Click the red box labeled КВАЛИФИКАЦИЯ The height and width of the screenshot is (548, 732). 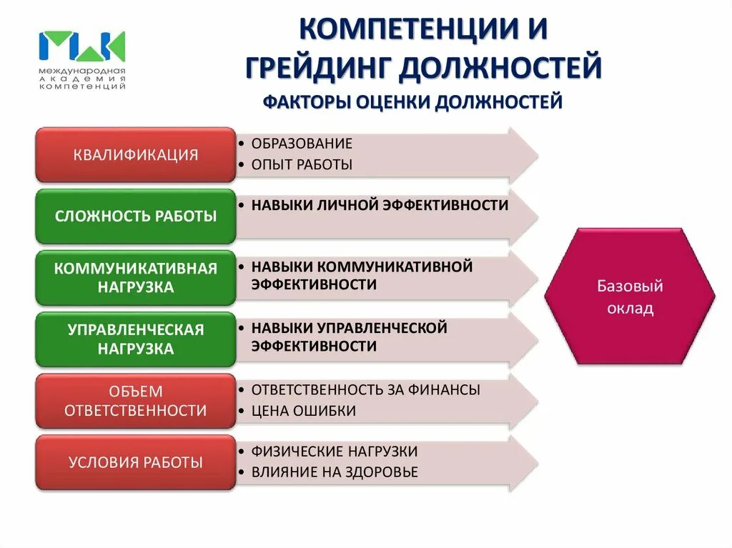135,154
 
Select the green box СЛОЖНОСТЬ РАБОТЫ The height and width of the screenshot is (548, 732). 135,216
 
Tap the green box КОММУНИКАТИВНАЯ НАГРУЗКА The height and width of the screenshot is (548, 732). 135,278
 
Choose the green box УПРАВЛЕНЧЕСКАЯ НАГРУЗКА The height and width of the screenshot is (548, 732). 135,339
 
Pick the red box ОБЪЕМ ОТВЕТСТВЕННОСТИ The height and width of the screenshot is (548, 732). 135,401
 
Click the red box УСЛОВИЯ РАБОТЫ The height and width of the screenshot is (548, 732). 135,462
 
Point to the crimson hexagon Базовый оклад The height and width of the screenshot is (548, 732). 630,296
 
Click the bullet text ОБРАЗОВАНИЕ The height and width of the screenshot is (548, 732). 302,144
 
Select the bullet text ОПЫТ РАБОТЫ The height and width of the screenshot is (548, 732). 302,165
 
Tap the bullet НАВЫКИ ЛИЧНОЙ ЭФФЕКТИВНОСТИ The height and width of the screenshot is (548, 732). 380,205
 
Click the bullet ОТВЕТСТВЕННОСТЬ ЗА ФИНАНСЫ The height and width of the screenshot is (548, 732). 365,390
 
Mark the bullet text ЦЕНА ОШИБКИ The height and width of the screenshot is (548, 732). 303,411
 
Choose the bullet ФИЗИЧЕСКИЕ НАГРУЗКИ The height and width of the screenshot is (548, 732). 335,452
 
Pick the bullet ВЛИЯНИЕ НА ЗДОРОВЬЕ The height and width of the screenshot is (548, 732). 335,472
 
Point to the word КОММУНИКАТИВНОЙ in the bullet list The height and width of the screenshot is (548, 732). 395,266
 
